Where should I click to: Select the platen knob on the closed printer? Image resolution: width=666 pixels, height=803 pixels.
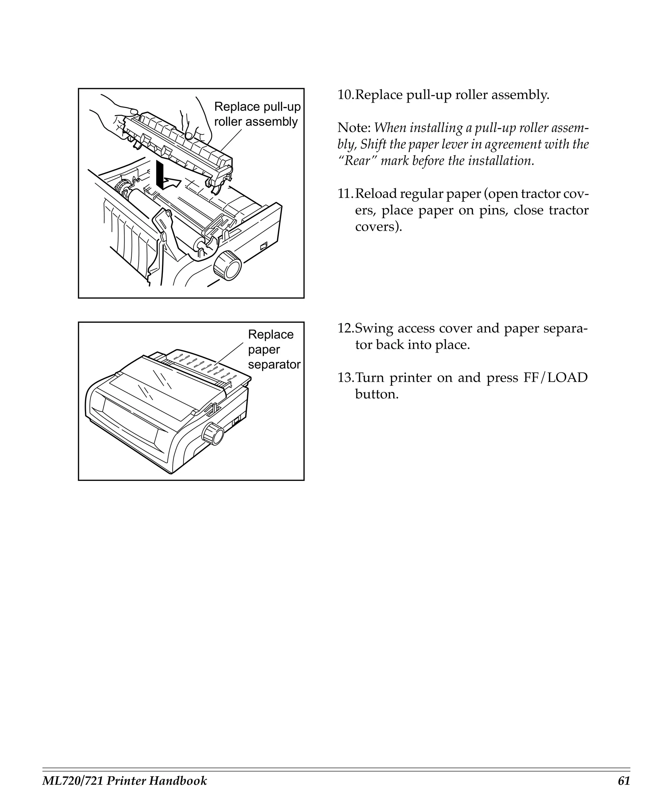pyautogui.click(x=213, y=434)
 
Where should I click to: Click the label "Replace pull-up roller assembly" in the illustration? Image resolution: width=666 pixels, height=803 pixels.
pyautogui.click(x=257, y=114)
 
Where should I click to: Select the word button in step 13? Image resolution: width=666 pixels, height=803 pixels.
pyautogui.click(x=377, y=394)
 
